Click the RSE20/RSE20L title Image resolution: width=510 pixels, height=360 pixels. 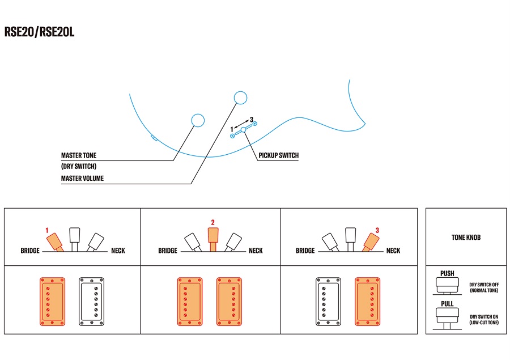[x=39, y=32]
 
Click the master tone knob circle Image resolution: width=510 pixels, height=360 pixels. [x=198, y=120]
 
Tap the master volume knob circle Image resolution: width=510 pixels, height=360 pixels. [x=240, y=98]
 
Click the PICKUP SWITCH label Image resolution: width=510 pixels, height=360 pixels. [x=278, y=155]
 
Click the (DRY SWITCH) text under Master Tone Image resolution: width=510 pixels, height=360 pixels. [x=79, y=166]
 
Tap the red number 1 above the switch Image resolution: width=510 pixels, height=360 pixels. [x=48, y=231]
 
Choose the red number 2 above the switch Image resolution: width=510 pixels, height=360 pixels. [x=212, y=223]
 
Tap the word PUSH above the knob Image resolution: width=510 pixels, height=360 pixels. [x=447, y=274]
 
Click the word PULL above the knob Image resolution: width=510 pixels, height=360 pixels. [x=447, y=304]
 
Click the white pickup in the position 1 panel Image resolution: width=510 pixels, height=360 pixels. [x=91, y=301]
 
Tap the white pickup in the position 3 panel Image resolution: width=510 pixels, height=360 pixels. [x=328, y=301]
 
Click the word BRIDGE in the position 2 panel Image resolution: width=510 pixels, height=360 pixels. [x=168, y=251]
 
